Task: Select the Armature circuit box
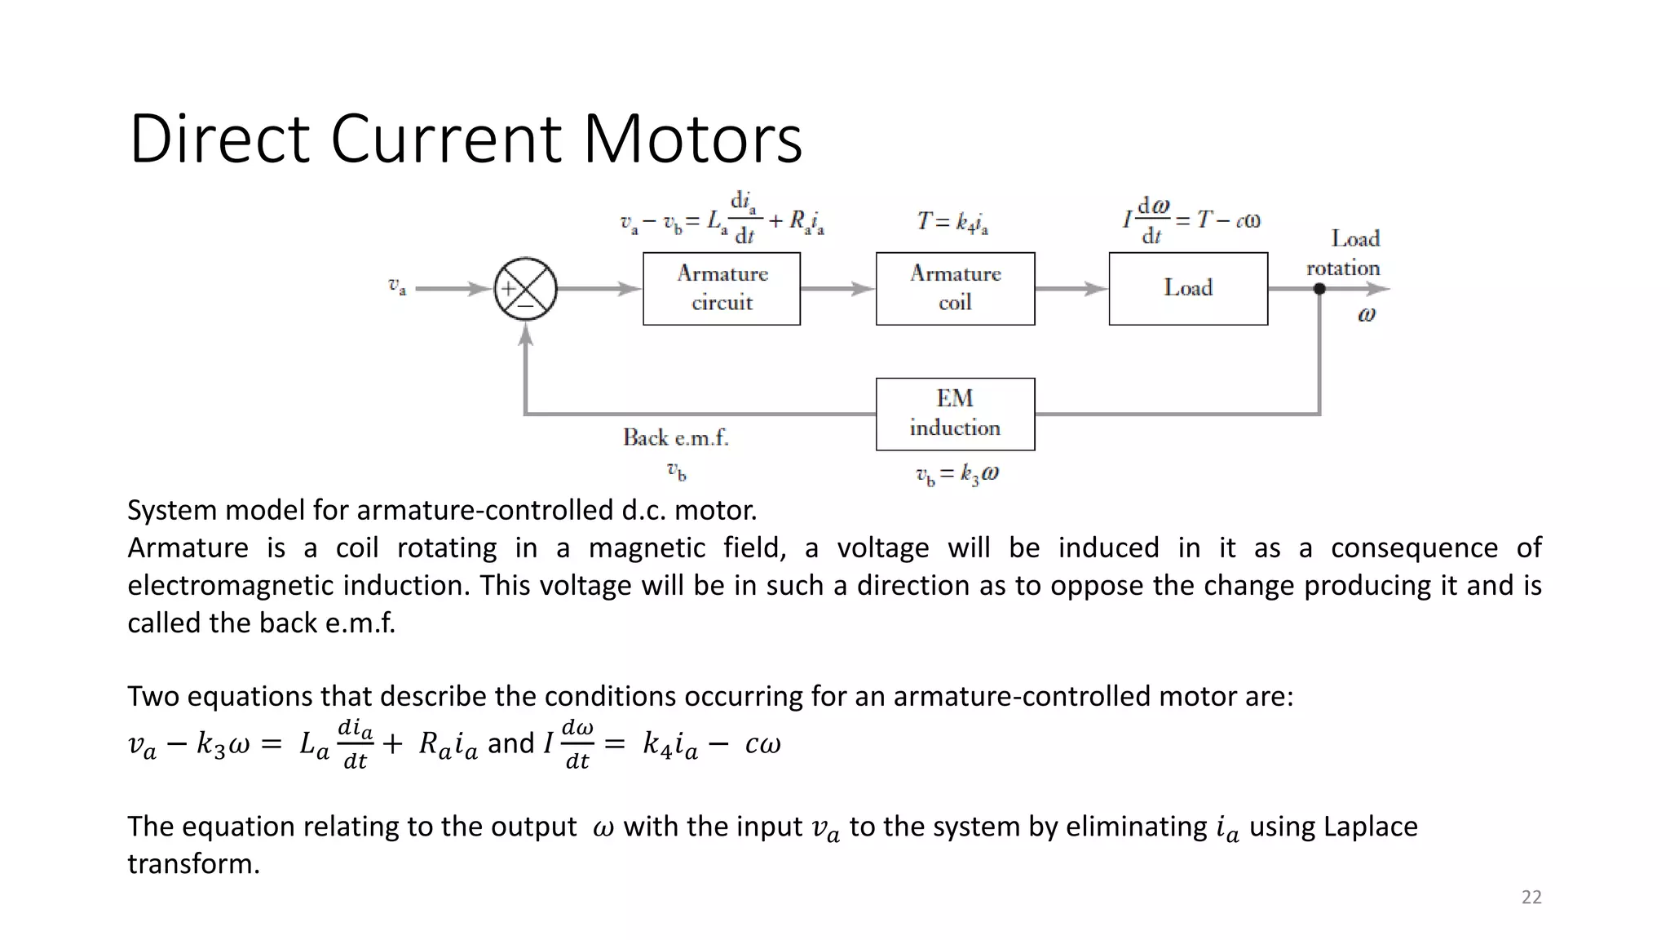722,288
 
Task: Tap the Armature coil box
955,288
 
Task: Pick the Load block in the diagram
1188,288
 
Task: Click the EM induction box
955,414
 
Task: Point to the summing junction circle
526,289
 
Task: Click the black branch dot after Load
1319,289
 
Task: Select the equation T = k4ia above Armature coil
952,221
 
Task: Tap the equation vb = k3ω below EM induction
956,474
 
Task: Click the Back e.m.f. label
675,438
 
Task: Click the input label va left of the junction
397,286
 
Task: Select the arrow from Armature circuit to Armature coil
837,289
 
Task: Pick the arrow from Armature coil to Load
1071,289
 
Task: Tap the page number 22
1531,898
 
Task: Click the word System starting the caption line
171,511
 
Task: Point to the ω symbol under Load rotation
1367,315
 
